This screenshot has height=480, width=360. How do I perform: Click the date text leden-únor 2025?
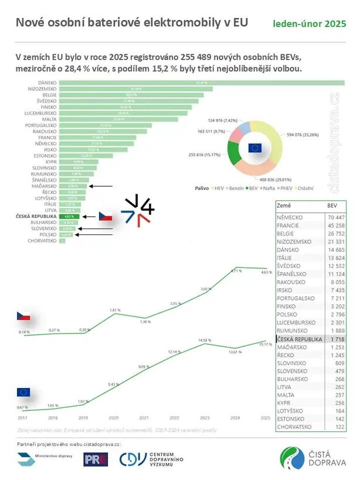click(309, 24)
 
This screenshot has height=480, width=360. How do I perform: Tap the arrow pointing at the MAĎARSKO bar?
click(100, 186)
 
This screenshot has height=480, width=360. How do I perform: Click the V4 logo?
click(138, 210)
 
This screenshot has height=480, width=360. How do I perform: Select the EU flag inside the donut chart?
click(254, 148)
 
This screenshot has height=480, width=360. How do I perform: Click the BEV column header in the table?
click(332, 206)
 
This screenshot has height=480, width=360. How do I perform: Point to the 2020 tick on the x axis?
click(113, 417)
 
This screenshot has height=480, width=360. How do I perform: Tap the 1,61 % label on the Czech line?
click(114, 309)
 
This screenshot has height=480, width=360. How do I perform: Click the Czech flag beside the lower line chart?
click(23, 317)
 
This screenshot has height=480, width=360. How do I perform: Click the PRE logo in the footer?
click(96, 459)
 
